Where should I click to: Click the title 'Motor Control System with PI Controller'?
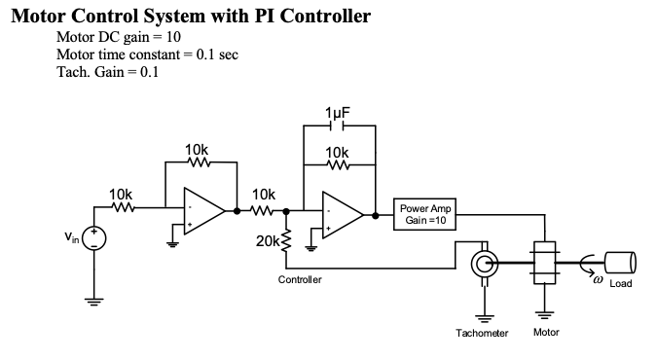click(192, 17)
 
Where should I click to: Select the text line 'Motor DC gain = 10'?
click(117, 37)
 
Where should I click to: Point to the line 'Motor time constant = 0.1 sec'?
click(147, 54)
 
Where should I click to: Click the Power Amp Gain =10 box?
click(425, 214)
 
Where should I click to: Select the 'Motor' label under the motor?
click(546, 333)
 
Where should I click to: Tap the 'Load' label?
click(620, 283)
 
